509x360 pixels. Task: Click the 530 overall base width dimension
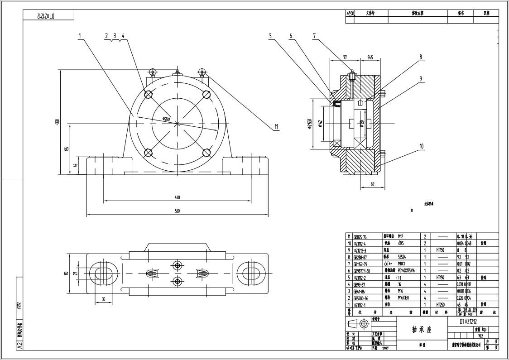coord(177,211)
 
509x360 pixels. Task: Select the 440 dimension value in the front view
coord(177,197)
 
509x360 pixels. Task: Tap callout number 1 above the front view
coord(79,35)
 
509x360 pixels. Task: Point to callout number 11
coord(276,127)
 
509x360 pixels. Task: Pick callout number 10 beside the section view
coord(421,146)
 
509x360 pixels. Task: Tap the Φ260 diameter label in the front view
coord(166,119)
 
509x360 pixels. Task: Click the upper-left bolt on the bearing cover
coord(148,94)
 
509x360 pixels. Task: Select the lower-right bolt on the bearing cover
coord(206,153)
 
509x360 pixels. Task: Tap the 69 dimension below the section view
coord(372,184)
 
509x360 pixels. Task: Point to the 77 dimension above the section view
coord(345,58)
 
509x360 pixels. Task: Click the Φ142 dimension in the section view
coord(320,123)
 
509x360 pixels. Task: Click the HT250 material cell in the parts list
coord(441,305)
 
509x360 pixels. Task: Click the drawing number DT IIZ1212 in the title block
coord(468,322)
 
